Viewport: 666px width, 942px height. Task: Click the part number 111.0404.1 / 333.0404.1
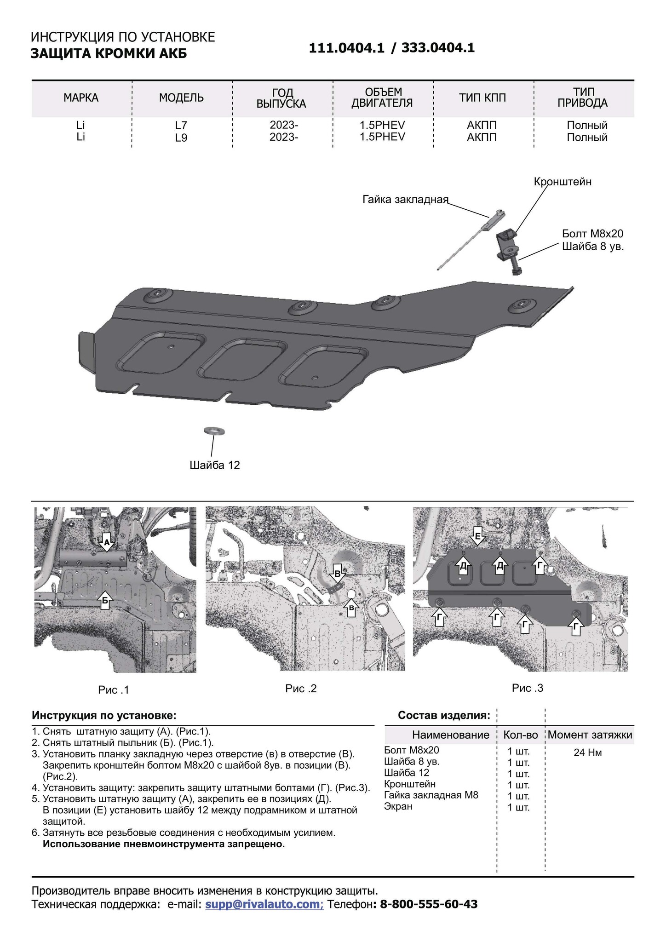coord(391,48)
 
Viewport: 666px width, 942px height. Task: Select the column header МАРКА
coord(81,98)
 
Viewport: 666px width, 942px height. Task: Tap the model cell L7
coord(181,125)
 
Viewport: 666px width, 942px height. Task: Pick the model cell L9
coord(181,138)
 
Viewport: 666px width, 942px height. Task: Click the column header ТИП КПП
coord(482,98)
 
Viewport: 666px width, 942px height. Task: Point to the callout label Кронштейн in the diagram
coord(562,182)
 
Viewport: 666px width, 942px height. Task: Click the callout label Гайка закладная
coord(405,200)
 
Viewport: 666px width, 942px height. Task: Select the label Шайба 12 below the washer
coord(215,465)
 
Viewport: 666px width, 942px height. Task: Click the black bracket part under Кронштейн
coord(507,244)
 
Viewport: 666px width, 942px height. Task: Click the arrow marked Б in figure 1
coord(105,600)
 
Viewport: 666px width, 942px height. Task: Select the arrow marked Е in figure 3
coord(477,536)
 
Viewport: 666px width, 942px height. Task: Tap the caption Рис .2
coord(301,689)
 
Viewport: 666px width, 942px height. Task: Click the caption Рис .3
coord(527,688)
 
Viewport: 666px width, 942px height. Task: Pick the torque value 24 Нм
coord(587,753)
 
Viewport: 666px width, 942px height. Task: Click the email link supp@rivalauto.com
coord(264,904)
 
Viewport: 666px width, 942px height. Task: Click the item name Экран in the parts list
coord(398,806)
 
